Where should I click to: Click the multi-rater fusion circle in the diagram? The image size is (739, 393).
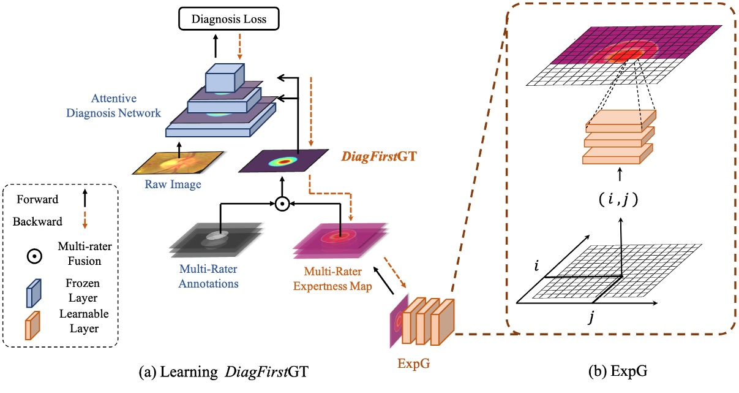(x=282, y=204)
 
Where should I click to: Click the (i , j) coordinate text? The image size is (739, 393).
(x=621, y=200)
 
